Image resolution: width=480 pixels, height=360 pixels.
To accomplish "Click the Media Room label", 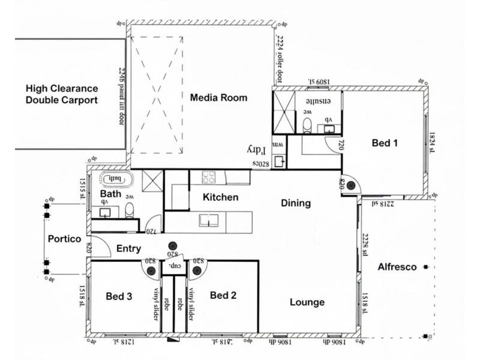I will click(218, 98).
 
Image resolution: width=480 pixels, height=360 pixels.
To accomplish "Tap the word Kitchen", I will click(220, 197).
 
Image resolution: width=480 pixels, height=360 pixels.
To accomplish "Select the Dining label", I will click(296, 203).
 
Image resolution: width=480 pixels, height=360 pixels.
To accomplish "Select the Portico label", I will click(64, 239).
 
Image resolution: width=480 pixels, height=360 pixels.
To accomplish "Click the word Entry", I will click(128, 248).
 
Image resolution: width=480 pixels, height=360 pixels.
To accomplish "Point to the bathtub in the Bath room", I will click(114, 179).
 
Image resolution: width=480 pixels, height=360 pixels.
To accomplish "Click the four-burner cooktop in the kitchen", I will click(211, 177).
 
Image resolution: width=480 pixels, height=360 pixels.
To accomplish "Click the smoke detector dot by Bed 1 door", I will click(350, 186).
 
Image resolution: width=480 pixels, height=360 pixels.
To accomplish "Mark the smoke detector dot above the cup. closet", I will click(173, 245).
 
